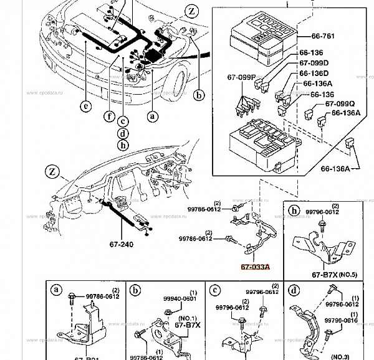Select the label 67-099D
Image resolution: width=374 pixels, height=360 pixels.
[x=314, y=63]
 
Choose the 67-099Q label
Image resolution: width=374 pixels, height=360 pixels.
[x=340, y=104]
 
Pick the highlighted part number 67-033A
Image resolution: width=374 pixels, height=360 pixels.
[x=256, y=267]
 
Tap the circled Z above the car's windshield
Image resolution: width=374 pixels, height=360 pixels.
[x=191, y=11]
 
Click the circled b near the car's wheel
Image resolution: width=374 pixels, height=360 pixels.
[x=198, y=95]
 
